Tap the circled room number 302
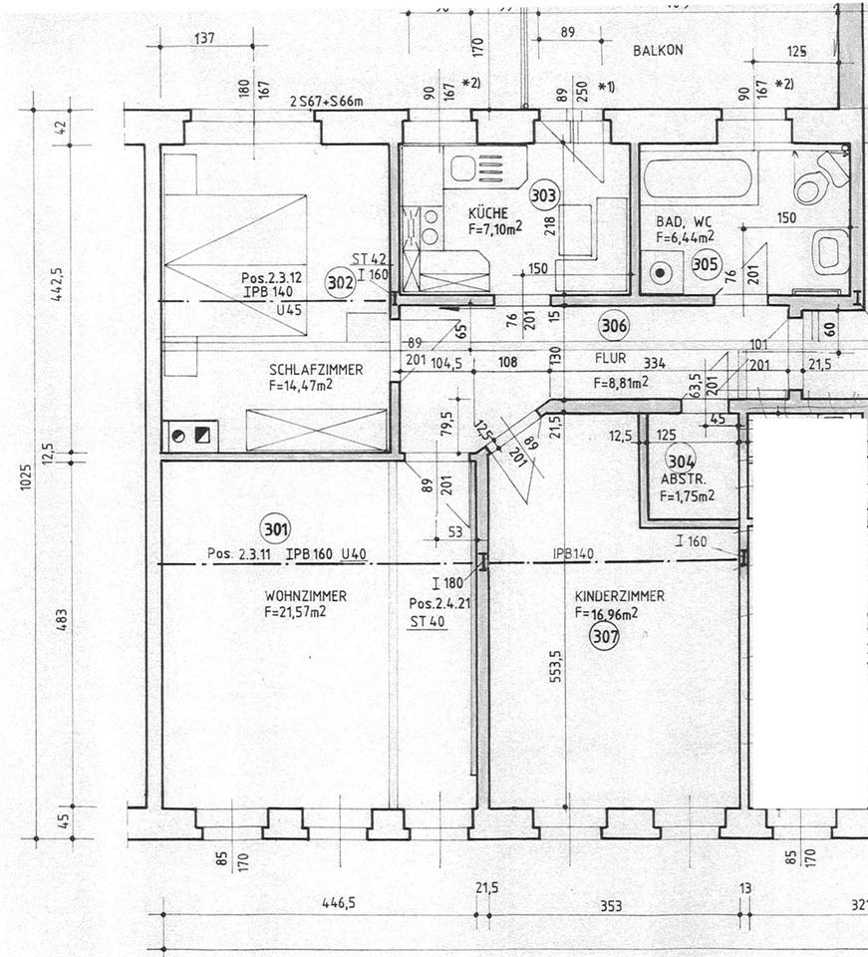pyautogui.click(x=340, y=282)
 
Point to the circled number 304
pyautogui.click(x=681, y=461)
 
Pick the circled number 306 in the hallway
pyautogui.click(x=614, y=324)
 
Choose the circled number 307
pyautogui.click(x=604, y=636)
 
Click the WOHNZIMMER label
pyautogui.click(x=305, y=596)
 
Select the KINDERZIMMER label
pyautogui.click(x=619, y=596)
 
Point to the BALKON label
pyautogui.click(x=658, y=50)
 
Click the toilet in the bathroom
pyautogui.click(x=819, y=177)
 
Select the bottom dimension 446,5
pyautogui.click(x=339, y=903)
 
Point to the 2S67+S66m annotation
pyautogui.click(x=326, y=102)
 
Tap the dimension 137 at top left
pyautogui.click(x=204, y=39)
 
